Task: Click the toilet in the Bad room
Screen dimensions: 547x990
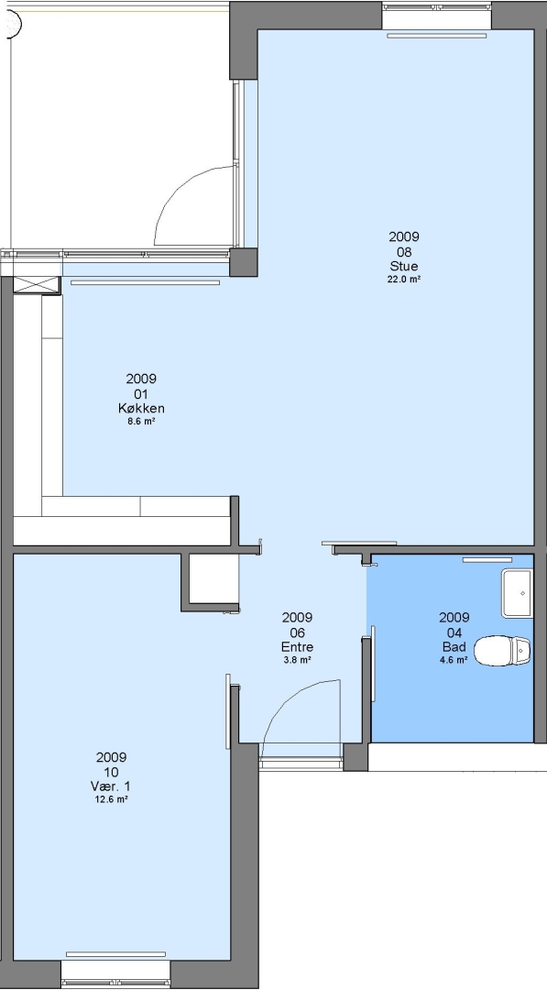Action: pos(501,651)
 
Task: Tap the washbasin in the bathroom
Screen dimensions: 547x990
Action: pos(517,593)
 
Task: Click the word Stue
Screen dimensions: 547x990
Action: pos(404,266)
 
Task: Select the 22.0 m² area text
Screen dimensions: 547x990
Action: pos(404,279)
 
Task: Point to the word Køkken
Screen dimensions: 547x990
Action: pos(141,408)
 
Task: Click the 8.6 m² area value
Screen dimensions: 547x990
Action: pos(141,421)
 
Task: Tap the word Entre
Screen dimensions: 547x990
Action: pos(297,646)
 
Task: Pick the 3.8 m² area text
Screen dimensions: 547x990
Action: pos(297,660)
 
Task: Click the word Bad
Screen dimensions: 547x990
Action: pos(454,646)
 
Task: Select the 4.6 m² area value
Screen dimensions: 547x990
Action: pos(454,660)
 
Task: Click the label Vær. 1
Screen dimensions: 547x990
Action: pos(111,786)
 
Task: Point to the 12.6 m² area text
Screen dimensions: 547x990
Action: pos(111,799)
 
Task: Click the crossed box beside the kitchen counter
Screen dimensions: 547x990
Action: pos(37,285)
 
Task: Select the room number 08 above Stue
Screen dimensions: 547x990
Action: pos(404,251)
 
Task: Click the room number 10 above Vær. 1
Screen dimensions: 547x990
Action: pos(111,772)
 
